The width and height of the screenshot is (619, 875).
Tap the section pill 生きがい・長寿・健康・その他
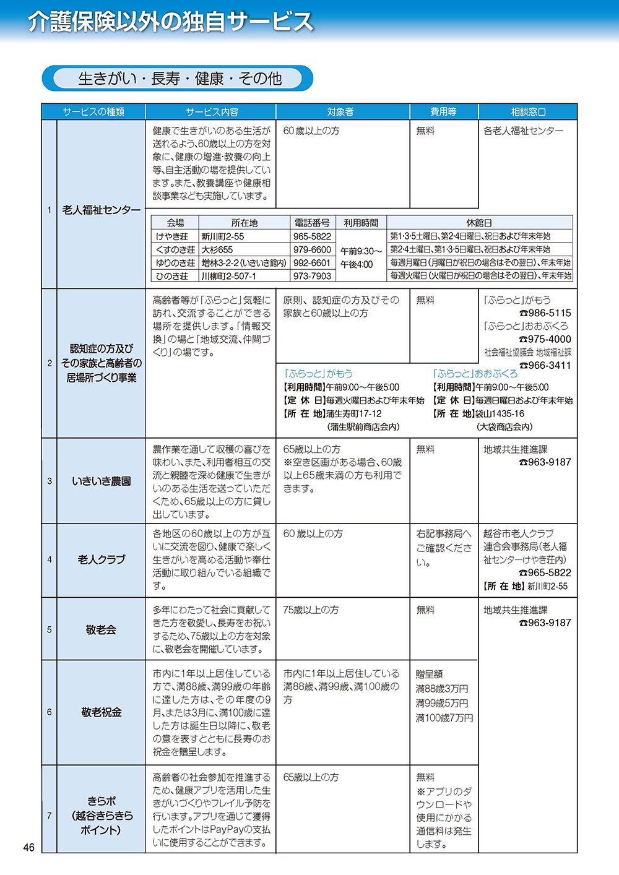pyautogui.click(x=180, y=79)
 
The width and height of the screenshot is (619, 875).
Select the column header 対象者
pyautogui.click(x=340, y=112)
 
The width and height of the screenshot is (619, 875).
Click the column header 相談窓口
pyautogui.click(x=528, y=112)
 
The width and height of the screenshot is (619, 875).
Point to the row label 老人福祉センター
pyautogui.click(x=102, y=210)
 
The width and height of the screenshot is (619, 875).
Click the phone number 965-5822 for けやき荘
pyautogui.click(x=312, y=236)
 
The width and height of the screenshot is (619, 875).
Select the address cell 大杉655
pyautogui.click(x=217, y=250)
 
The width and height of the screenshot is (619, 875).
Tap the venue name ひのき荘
pyautogui.click(x=172, y=276)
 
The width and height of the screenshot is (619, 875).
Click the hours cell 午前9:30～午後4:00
pyautogui.click(x=361, y=257)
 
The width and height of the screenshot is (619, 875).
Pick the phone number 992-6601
pyautogui.click(x=312, y=263)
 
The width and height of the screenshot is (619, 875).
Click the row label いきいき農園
pyautogui.click(x=102, y=481)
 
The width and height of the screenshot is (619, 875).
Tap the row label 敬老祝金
pyautogui.click(x=102, y=712)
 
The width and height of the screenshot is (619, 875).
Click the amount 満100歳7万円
pyautogui.click(x=444, y=718)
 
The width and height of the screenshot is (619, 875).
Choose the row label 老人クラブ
pyautogui.click(x=102, y=559)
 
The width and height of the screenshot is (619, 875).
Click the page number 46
pyautogui.click(x=28, y=848)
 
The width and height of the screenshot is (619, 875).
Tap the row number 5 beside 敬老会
pyautogui.click(x=50, y=629)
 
